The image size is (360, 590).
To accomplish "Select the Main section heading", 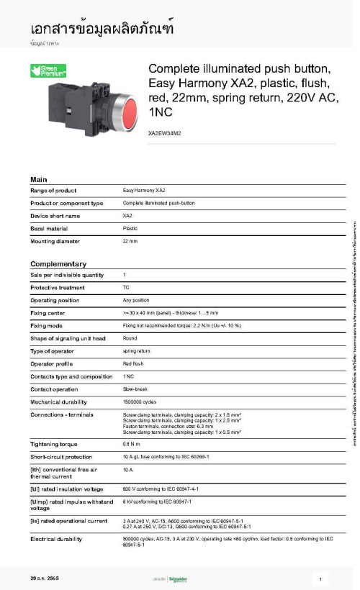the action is (x=39, y=179).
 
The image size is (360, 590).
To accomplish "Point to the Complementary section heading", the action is (x=58, y=264).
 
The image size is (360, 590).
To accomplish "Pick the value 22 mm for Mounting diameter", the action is (x=130, y=241).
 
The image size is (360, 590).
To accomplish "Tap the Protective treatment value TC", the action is (x=126, y=287).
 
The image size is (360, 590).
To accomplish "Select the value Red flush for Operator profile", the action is (x=133, y=364).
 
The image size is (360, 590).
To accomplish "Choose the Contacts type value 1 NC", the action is (x=128, y=376).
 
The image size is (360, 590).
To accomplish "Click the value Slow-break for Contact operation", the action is (x=135, y=389).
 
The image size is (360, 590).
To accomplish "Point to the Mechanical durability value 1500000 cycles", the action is (x=139, y=402).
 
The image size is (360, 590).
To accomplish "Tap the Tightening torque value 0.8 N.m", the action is (x=131, y=444).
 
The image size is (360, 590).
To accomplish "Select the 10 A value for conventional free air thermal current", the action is (x=128, y=469).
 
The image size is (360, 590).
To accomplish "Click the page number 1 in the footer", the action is (x=320, y=578).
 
